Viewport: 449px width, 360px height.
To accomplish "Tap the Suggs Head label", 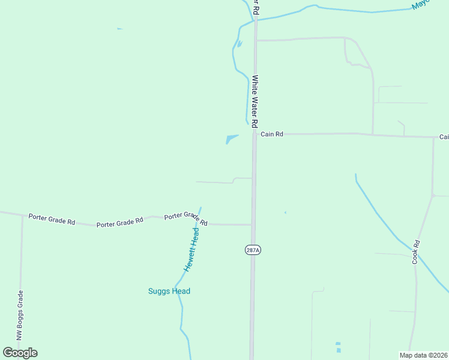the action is point(169,292).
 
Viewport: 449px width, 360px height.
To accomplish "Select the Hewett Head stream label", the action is point(191,250).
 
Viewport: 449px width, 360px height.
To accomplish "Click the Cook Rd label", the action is point(415,253).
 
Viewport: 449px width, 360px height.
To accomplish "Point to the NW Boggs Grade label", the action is point(19,316).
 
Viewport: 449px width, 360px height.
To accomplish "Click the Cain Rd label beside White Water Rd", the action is point(272,134).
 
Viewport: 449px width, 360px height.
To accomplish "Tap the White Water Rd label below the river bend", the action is point(255,101).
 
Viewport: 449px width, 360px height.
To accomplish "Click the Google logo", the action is point(20,353).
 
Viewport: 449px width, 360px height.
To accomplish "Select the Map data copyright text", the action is point(423,355).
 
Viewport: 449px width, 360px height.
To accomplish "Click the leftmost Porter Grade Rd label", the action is point(51,218).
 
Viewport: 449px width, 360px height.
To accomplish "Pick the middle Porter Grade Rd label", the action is point(119,222).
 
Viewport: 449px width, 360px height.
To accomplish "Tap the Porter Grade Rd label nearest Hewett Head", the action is point(186,218).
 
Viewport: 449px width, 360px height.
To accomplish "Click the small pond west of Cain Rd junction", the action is point(231,139).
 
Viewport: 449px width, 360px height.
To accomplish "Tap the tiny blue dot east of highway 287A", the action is point(285,212).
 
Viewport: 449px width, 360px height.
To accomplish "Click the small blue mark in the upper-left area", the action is point(120,29).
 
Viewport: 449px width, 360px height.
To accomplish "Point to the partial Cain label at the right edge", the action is point(444,137).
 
